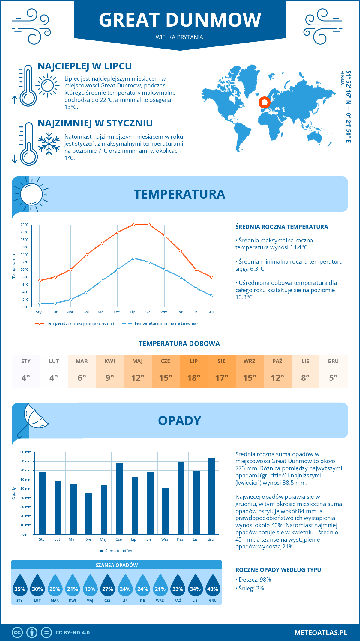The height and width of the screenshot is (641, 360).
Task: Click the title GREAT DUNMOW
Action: click(x=180, y=20)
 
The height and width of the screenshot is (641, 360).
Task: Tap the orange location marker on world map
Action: click(x=264, y=102)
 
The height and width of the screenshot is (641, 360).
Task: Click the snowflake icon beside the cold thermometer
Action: click(x=49, y=144)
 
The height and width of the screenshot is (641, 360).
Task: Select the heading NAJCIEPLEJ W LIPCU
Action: click(x=85, y=66)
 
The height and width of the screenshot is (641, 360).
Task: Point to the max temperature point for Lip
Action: click(x=133, y=225)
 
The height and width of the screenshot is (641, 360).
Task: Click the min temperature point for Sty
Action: click(x=40, y=303)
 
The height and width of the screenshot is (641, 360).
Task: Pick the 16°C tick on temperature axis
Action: click(x=25, y=247)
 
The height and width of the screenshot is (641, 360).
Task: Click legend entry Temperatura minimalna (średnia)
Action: click(x=166, y=323)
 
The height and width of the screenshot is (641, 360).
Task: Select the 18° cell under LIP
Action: click(x=193, y=378)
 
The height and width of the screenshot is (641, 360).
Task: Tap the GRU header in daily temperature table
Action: click(x=333, y=361)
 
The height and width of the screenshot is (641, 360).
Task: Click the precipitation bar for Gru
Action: click(x=212, y=496)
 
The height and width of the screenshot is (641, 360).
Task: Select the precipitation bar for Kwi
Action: click(x=89, y=513)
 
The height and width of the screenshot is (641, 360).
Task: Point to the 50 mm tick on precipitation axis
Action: click(x=26, y=489)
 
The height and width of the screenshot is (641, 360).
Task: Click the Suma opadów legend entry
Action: click(x=118, y=551)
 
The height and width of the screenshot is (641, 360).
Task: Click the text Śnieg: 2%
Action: click(x=251, y=588)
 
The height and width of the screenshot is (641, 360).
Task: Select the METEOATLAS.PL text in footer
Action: click(x=321, y=633)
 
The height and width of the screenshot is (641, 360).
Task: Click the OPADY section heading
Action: click(x=179, y=421)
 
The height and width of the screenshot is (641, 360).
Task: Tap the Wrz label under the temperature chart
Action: click(x=164, y=312)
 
